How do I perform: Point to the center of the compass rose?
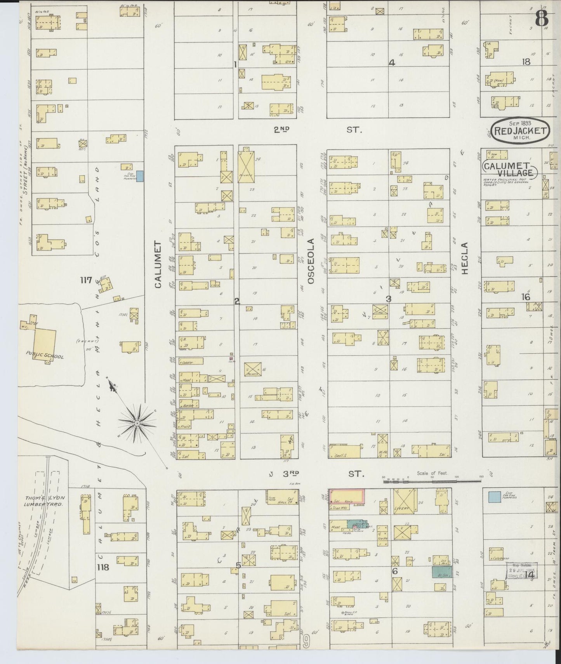[x=137, y=422]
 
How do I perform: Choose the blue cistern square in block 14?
[x=494, y=497]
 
